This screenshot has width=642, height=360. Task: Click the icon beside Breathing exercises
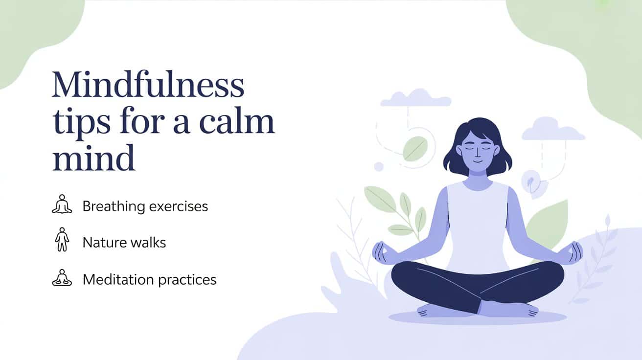(x=62, y=204)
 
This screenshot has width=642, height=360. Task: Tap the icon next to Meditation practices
(x=62, y=278)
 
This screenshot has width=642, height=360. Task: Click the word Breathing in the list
(x=112, y=206)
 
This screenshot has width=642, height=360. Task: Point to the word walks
(x=146, y=242)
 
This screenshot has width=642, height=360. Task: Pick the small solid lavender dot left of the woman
(x=378, y=167)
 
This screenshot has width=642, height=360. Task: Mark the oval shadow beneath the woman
(x=477, y=317)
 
